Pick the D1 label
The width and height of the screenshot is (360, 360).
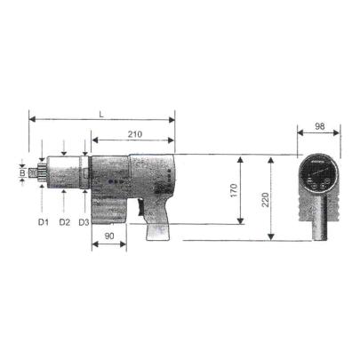43,220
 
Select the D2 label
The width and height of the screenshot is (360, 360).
64,220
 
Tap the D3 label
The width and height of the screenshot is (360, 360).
84,220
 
